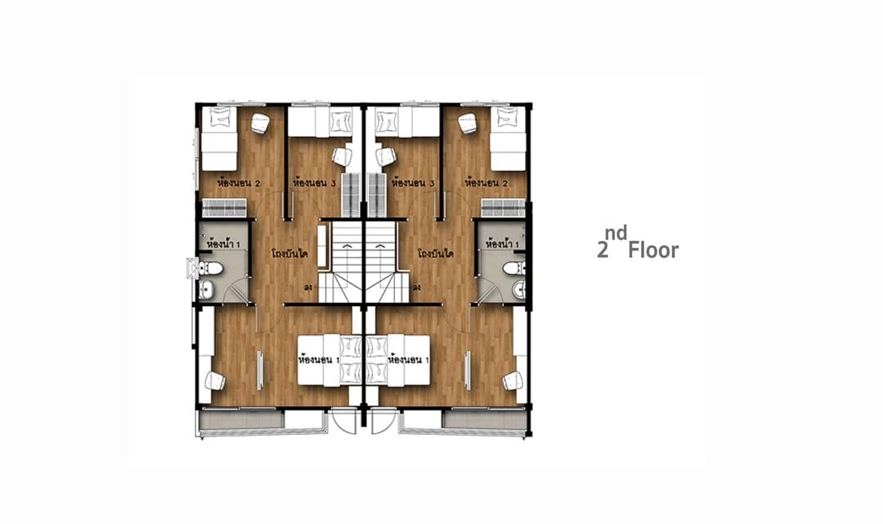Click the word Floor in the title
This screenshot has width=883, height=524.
[653, 250]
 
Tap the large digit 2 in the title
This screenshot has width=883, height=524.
[603, 251]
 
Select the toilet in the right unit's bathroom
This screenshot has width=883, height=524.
[514, 268]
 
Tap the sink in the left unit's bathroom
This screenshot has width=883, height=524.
[206, 290]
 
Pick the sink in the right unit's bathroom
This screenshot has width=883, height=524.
[518, 290]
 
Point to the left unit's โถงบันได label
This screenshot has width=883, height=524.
[289, 254]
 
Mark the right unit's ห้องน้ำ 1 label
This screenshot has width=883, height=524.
[502, 245]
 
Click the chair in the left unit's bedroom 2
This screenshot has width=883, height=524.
[260, 124]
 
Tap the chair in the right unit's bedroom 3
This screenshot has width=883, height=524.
[384, 156]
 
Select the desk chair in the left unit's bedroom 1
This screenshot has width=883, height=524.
[214, 381]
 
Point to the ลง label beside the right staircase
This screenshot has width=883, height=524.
[417, 287]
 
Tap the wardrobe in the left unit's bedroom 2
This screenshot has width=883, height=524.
[224, 208]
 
